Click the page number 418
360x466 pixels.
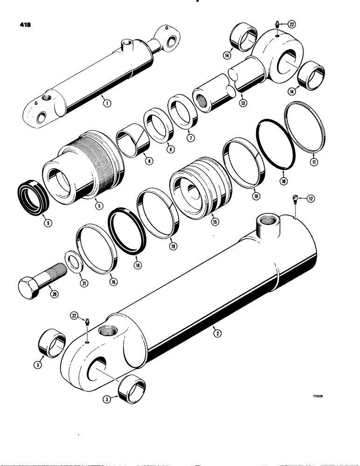[x=20, y=25]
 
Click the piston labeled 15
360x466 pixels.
[x=201, y=191]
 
